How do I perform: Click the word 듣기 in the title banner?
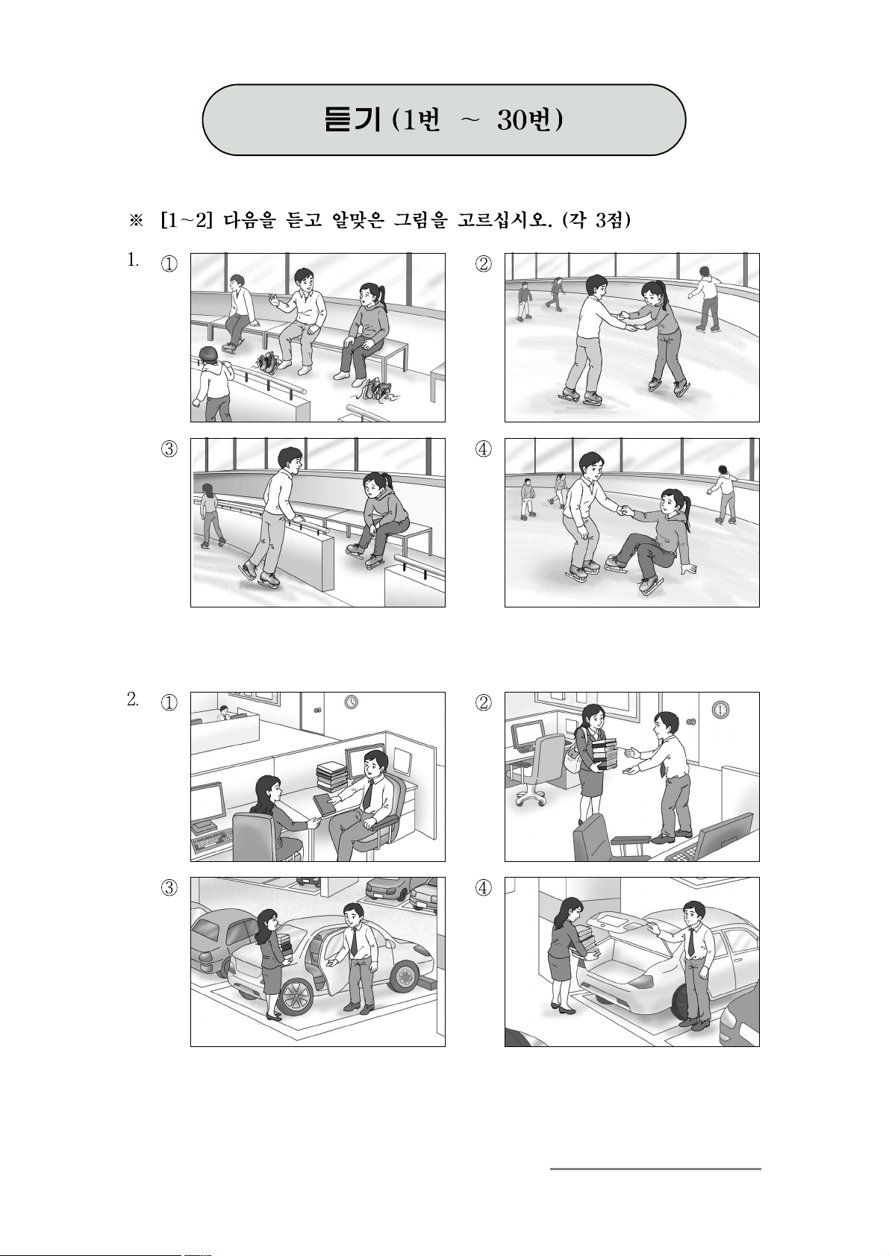(352, 120)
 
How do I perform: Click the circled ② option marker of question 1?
(484, 263)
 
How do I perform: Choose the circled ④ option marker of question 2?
(484, 887)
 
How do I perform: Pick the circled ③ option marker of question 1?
(169, 449)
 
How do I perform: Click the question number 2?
(133, 699)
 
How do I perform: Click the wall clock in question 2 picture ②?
(720, 710)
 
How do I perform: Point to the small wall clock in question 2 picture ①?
(351, 702)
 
